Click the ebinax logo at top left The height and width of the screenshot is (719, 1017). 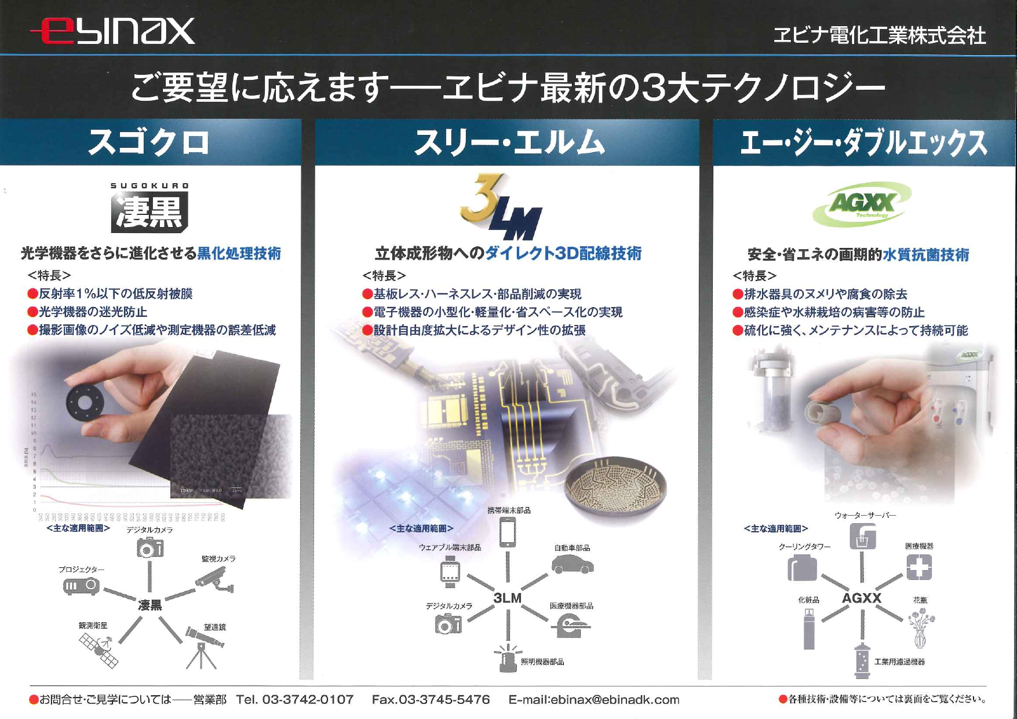(x=113, y=31)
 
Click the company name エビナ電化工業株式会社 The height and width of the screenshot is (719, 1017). (x=879, y=35)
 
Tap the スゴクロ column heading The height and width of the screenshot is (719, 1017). (x=149, y=143)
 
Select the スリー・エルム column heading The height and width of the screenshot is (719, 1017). (x=509, y=143)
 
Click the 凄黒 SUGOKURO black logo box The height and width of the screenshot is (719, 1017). (x=150, y=211)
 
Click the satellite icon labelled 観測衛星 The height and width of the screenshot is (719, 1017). (x=99, y=649)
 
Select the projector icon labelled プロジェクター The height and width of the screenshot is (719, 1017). (x=81, y=586)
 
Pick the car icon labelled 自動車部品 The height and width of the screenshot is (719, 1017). (x=572, y=564)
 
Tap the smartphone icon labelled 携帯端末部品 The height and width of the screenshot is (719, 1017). (x=508, y=532)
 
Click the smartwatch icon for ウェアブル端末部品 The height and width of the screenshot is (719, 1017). (x=450, y=571)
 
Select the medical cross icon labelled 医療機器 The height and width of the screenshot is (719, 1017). (x=919, y=567)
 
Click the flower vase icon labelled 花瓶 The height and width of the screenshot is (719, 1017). (x=920, y=629)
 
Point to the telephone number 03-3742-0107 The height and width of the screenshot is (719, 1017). (x=308, y=699)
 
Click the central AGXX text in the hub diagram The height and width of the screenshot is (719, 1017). (x=861, y=597)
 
